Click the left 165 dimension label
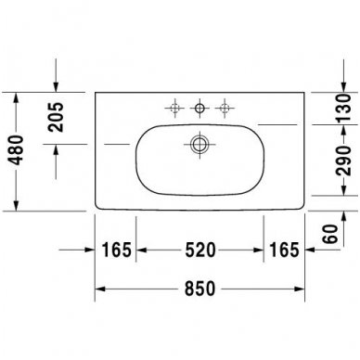pos(116,251)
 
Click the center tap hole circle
pos(199,109)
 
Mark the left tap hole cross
pos(174,109)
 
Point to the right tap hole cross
pos(223,109)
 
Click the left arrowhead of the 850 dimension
pos(100,289)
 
